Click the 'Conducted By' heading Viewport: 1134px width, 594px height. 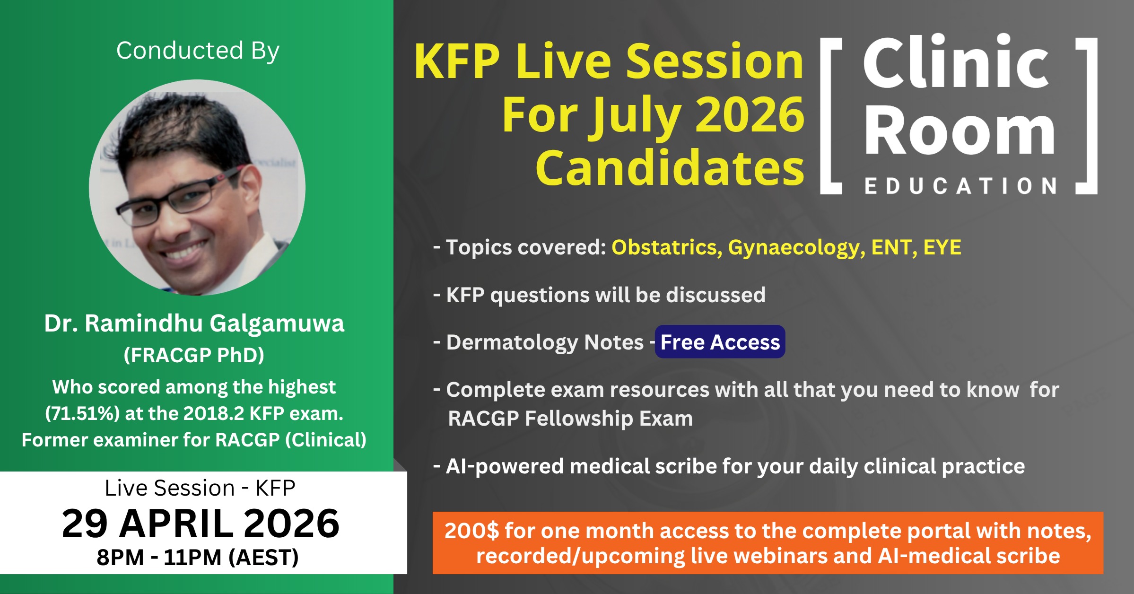click(198, 51)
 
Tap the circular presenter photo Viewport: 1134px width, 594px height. click(197, 188)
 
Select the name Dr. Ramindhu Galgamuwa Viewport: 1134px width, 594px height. click(194, 323)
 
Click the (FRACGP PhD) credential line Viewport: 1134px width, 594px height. click(194, 355)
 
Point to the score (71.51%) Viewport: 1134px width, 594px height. click(82, 414)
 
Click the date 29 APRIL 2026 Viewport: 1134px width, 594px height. click(201, 524)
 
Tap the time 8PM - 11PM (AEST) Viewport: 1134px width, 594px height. click(198, 557)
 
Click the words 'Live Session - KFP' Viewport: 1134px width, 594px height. click(200, 488)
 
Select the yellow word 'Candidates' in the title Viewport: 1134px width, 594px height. click(670, 168)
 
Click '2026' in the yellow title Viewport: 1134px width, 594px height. click(750, 115)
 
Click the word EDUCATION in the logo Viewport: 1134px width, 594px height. click(960, 186)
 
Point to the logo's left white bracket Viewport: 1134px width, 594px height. click(831, 116)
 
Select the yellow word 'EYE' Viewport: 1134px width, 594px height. click(942, 247)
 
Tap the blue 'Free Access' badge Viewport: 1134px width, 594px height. click(720, 342)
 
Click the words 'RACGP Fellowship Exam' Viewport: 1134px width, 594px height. click(570, 419)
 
